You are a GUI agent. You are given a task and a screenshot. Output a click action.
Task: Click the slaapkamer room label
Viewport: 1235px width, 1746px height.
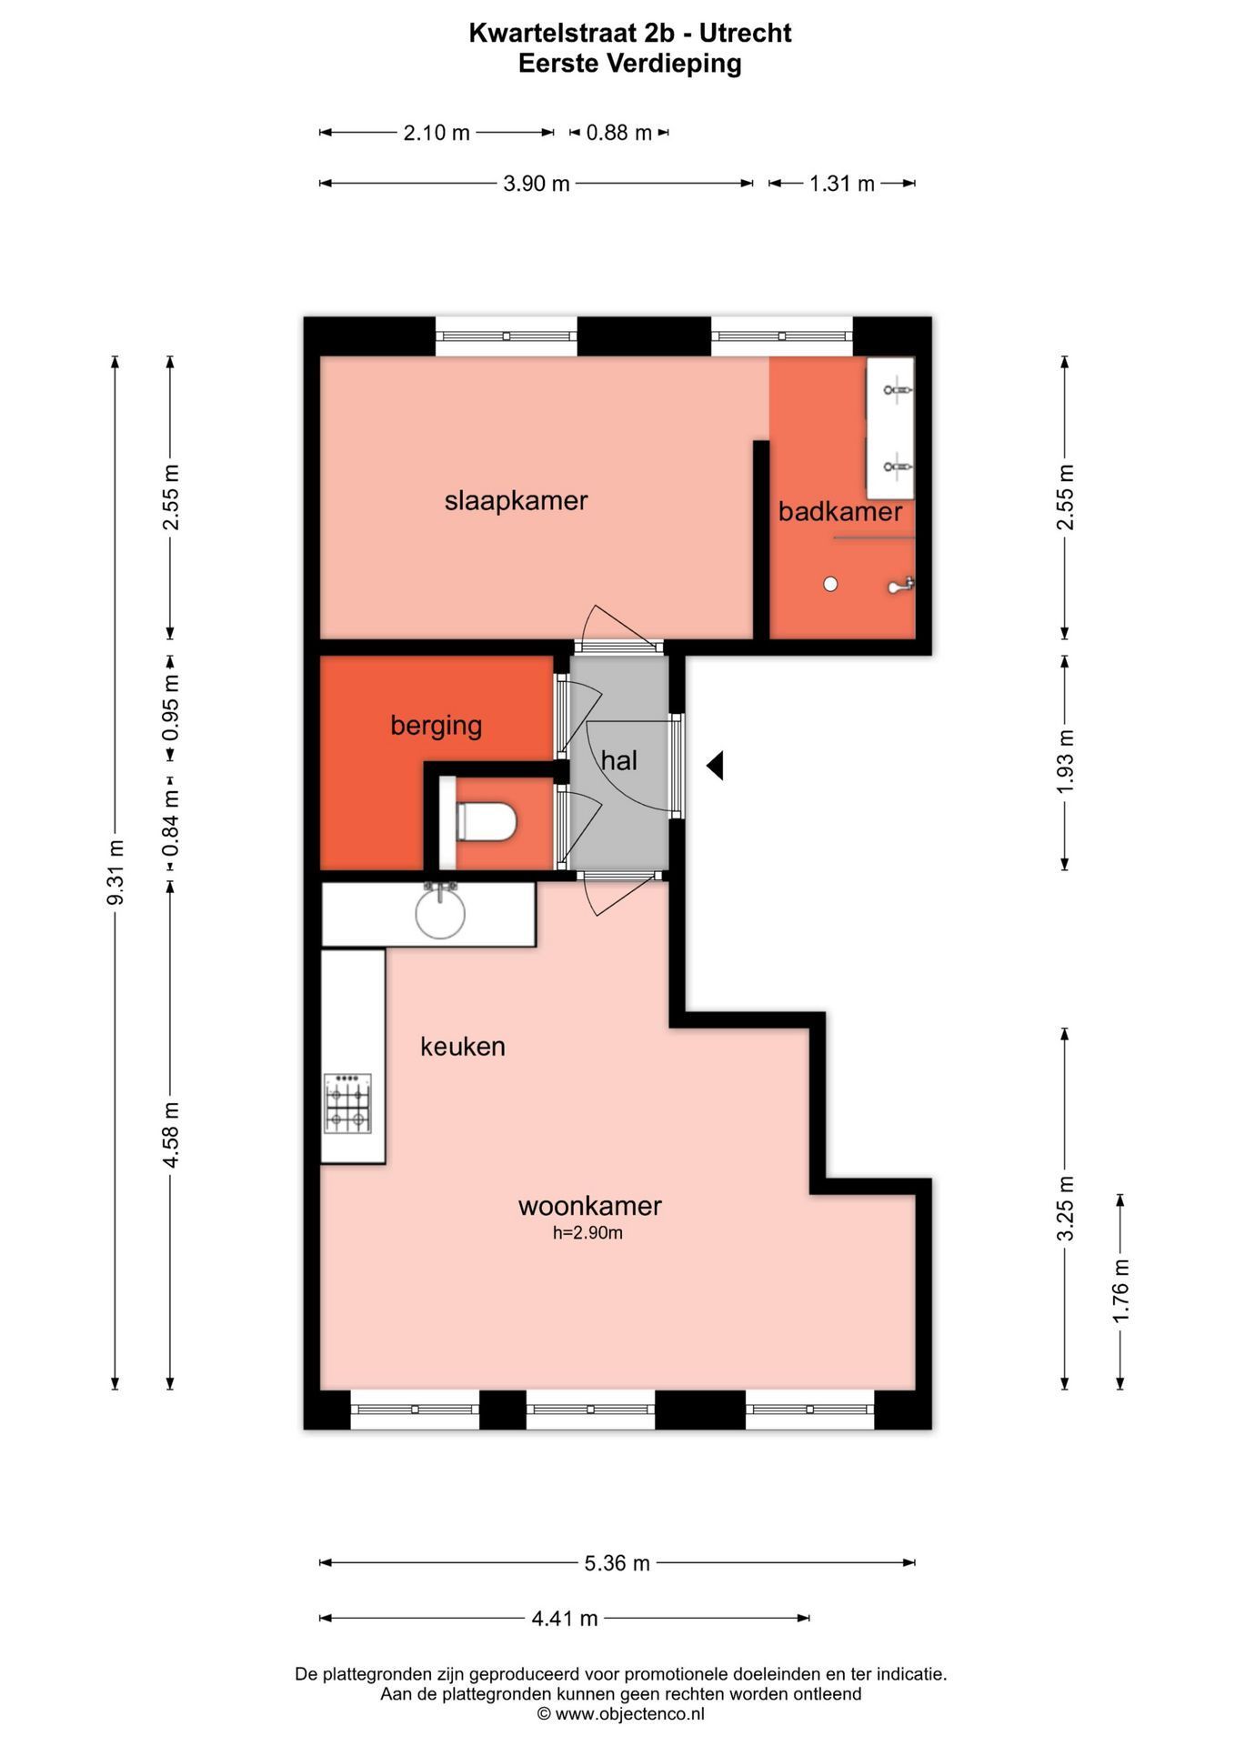[x=516, y=500]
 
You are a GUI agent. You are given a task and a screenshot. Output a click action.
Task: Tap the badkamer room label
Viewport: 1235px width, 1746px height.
[x=839, y=511]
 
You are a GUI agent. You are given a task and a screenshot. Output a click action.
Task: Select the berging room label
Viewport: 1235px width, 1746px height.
[x=436, y=725]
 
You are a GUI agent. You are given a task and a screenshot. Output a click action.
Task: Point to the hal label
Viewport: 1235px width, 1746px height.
[x=618, y=760]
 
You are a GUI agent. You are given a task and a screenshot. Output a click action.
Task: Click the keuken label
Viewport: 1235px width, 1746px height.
[x=462, y=1047]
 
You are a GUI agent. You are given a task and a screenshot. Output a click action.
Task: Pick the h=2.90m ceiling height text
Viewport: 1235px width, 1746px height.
[x=587, y=1233]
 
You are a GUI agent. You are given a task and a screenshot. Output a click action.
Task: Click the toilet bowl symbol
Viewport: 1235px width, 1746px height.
[x=487, y=823]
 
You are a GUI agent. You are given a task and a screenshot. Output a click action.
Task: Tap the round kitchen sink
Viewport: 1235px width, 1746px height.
[x=440, y=913]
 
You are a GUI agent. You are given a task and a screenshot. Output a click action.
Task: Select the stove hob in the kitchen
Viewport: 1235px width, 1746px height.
[x=348, y=1104]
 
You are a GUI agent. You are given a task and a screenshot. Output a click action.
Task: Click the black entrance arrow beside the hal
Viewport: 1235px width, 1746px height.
[x=716, y=766]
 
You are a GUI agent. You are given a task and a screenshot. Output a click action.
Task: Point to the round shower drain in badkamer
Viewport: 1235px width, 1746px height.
[x=830, y=585]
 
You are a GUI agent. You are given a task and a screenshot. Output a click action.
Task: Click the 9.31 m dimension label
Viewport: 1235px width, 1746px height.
[x=115, y=872]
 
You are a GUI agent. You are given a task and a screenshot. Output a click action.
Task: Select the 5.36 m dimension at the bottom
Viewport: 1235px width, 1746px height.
[x=617, y=1563]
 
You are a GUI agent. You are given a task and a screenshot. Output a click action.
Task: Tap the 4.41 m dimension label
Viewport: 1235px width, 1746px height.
[x=565, y=1618]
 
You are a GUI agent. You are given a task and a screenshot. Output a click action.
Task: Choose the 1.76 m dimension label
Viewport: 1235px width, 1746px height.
[x=1120, y=1291]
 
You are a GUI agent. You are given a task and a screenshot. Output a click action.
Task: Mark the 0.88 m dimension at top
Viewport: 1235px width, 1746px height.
[x=618, y=133]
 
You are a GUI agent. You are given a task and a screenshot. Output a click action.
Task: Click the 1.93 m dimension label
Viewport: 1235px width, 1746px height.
[x=1065, y=762]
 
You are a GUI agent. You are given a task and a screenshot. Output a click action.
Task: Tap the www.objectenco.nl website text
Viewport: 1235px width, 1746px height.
[x=629, y=1714]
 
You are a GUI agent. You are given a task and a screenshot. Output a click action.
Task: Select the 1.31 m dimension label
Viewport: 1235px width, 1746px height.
[x=842, y=184]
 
